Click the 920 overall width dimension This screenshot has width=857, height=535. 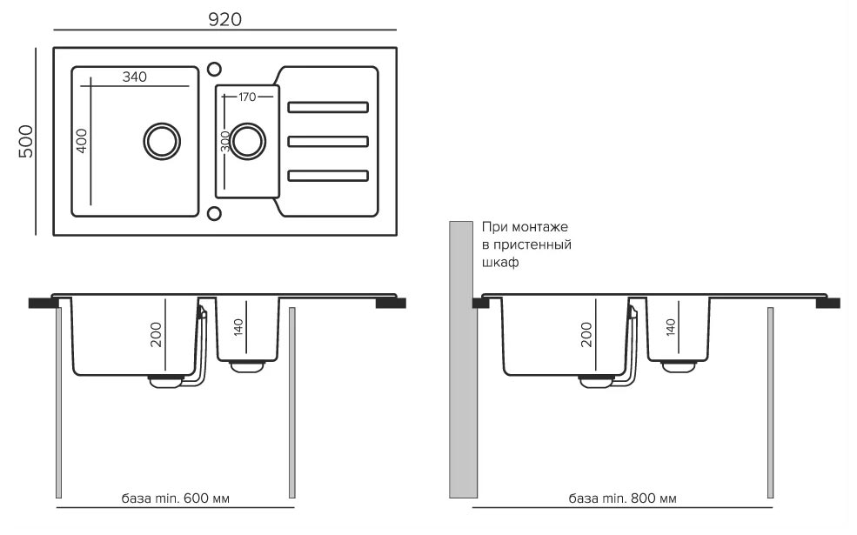[224, 19]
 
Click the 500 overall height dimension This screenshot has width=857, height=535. [25, 140]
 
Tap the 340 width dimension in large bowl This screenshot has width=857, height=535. [134, 77]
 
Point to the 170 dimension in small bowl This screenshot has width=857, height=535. [246, 97]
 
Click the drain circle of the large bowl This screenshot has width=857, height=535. [162, 140]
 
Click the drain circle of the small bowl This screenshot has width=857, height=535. [246, 140]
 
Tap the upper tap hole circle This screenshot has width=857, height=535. [214, 68]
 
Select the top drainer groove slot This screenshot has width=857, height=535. [329, 107]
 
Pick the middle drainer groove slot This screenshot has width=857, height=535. [329, 140]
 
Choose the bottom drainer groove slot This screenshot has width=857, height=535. [329, 174]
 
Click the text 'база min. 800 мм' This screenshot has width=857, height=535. [622, 498]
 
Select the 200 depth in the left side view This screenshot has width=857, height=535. [157, 334]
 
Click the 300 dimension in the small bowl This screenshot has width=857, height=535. [225, 142]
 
